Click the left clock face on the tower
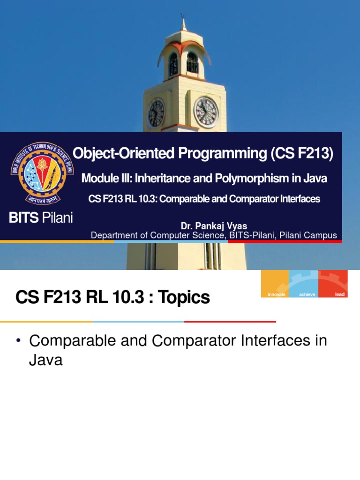point(157,113)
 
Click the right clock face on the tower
point(206,112)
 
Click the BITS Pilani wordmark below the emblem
point(42,218)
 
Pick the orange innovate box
point(275,284)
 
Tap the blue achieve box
point(304,284)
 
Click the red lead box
point(333,284)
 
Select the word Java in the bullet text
point(45,360)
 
